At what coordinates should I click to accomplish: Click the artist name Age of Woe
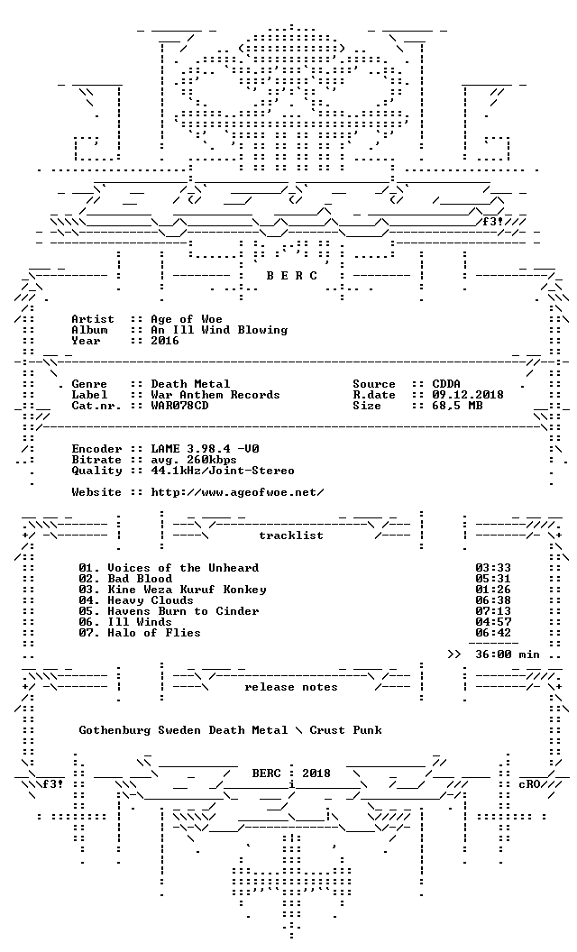(x=187, y=319)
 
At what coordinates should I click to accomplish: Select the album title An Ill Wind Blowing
(x=219, y=330)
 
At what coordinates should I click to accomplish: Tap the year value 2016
(x=165, y=341)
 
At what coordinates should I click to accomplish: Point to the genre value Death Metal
(x=191, y=384)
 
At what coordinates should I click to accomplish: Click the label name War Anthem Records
(x=215, y=395)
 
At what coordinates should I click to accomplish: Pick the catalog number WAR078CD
(x=179, y=406)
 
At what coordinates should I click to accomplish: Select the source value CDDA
(x=446, y=384)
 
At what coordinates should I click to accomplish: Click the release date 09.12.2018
(x=468, y=395)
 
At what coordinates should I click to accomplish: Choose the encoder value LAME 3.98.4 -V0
(x=206, y=449)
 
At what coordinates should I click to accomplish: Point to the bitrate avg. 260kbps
(x=194, y=460)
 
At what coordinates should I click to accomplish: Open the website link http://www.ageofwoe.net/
(x=237, y=492)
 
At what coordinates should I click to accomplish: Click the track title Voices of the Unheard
(x=183, y=568)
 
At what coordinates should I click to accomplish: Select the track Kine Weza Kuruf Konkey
(x=187, y=590)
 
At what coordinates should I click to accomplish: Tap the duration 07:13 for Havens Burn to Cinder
(x=493, y=611)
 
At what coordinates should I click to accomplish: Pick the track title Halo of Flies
(x=154, y=633)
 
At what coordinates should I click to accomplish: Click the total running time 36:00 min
(x=508, y=654)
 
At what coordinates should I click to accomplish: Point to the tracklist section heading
(x=291, y=535)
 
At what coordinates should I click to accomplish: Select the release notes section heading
(x=291, y=687)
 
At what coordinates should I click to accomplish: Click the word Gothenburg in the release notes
(x=114, y=730)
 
